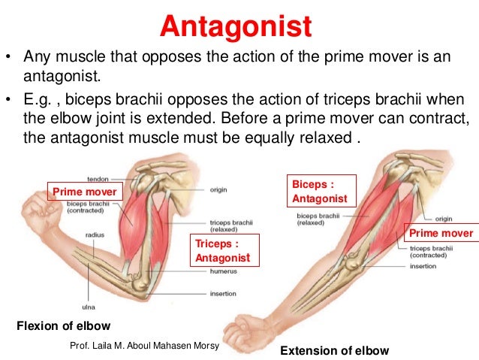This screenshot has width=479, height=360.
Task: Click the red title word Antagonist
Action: point(236,28)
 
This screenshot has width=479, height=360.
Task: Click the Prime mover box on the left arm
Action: point(84,192)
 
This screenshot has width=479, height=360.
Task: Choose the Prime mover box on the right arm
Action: point(441,233)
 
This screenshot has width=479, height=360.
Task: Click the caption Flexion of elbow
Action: point(63,325)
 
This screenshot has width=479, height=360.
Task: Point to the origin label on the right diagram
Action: point(444,219)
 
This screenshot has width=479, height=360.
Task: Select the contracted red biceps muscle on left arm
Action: point(136,225)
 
